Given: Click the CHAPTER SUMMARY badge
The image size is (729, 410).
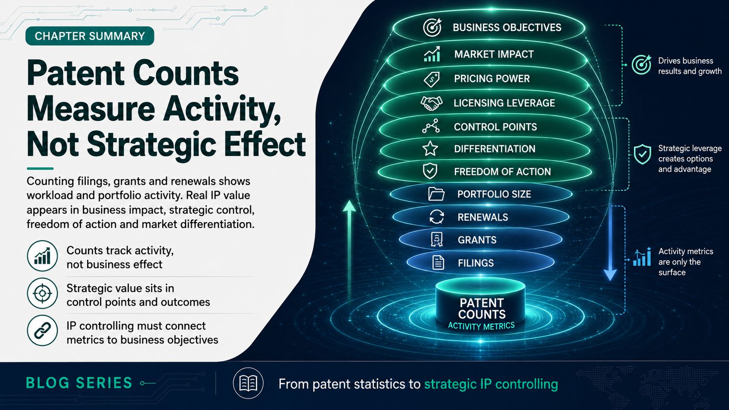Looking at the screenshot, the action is tap(89, 36).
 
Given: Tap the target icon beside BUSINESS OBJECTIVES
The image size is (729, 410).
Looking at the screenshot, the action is tap(432, 27).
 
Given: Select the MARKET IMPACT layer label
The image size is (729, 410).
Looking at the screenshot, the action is tap(494, 54).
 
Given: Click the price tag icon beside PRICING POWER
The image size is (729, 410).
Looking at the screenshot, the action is tap(432, 79).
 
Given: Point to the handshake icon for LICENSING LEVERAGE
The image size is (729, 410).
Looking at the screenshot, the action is tap(432, 103).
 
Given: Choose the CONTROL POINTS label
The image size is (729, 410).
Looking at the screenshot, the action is tap(495, 127).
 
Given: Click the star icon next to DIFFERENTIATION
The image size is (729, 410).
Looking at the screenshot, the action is tap(430, 149).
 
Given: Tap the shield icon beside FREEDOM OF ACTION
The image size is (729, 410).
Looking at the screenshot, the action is tap(430, 171).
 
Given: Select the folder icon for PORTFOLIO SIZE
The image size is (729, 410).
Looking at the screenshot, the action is tap(436, 194).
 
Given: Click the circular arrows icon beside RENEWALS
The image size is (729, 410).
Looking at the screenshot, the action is tap(437, 217).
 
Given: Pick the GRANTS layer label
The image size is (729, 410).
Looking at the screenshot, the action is tap(477, 240).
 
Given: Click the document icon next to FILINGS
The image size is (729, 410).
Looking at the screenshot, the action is tap(438, 263).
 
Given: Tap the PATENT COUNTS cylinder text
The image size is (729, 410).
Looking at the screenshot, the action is tap(482, 308).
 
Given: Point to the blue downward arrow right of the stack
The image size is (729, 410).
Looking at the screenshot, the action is tap(610, 243).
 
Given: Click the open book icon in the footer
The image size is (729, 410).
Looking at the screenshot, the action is tap(248, 383).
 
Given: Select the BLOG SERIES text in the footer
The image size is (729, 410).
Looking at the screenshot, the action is tap(79, 383).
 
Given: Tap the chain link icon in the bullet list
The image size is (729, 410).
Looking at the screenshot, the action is tap(42, 330).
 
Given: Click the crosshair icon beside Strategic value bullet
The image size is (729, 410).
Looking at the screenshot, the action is tap(42, 293).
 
